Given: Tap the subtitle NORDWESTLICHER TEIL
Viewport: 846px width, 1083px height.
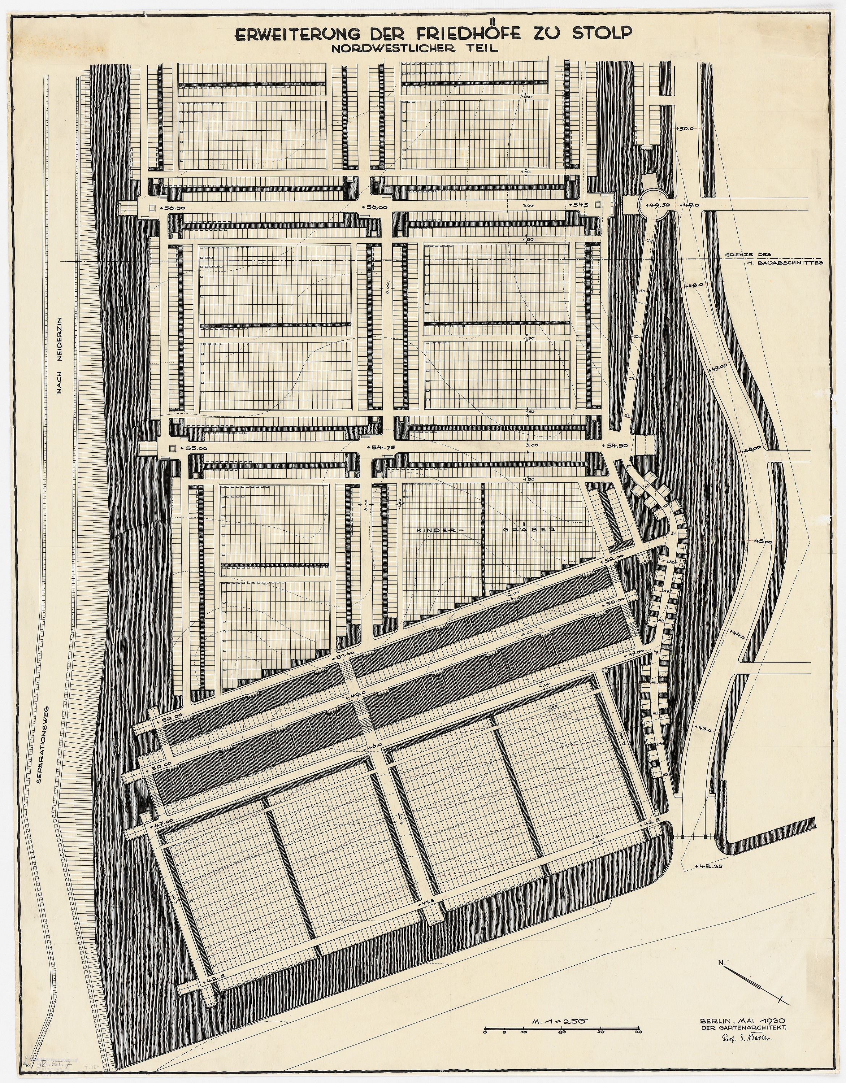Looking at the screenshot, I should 415,49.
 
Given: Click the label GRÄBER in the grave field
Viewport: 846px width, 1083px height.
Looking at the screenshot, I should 528,529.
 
